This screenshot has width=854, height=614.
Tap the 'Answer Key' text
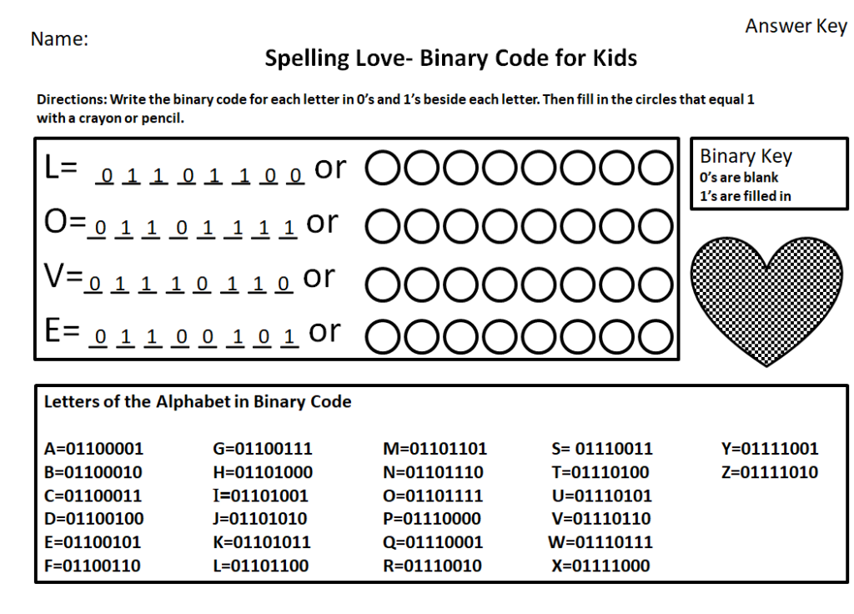[796, 27]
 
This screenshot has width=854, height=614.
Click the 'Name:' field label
[59, 39]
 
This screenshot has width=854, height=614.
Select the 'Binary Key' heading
[746, 156]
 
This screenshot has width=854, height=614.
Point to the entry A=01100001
[93, 449]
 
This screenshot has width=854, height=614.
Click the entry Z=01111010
[770, 472]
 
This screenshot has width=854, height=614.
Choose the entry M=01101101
[435, 449]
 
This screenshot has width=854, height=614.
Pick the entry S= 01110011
[601, 449]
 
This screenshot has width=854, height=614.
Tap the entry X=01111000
[600, 566]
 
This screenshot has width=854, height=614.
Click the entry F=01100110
[93, 566]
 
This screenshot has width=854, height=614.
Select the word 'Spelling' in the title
[302, 58]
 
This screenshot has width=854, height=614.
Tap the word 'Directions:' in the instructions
[72, 99]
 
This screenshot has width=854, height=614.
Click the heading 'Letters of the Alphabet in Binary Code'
[198, 402]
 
